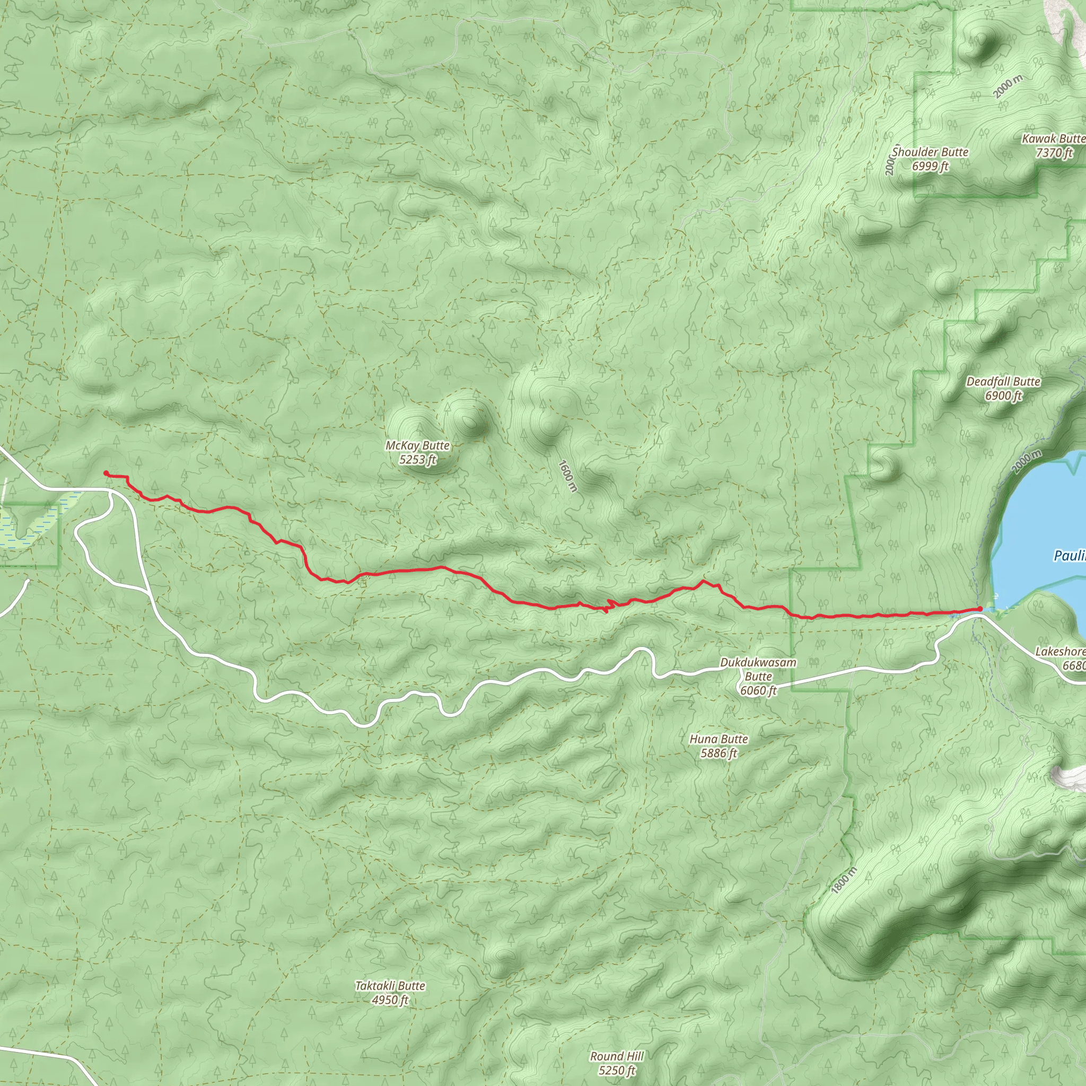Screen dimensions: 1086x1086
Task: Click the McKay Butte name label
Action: (417, 445)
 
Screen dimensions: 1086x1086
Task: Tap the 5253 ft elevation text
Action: (417, 460)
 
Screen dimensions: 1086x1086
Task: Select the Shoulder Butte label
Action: (930, 152)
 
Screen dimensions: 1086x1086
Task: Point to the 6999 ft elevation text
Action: (930, 167)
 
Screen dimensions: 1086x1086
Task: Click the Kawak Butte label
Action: (1053, 138)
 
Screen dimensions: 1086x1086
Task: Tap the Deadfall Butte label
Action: (1003, 382)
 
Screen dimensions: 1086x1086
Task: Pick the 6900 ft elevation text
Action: (1003, 396)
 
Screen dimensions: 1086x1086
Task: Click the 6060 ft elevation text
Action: (758, 690)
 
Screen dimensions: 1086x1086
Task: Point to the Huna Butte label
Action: (719, 739)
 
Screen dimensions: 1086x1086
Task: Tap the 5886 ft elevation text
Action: (719, 753)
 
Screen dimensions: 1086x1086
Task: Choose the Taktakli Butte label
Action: (390, 985)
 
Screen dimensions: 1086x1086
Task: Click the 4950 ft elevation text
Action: (390, 1000)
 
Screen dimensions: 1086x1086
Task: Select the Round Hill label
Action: (617, 1056)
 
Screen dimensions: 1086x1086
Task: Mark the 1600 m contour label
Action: (568, 476)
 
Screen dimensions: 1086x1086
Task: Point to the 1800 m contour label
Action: (844, 880)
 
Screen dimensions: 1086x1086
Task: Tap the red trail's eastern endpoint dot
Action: (980, 609)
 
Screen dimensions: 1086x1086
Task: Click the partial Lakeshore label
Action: (1060, 652)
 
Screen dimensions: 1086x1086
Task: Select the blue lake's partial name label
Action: (1069, 556)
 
